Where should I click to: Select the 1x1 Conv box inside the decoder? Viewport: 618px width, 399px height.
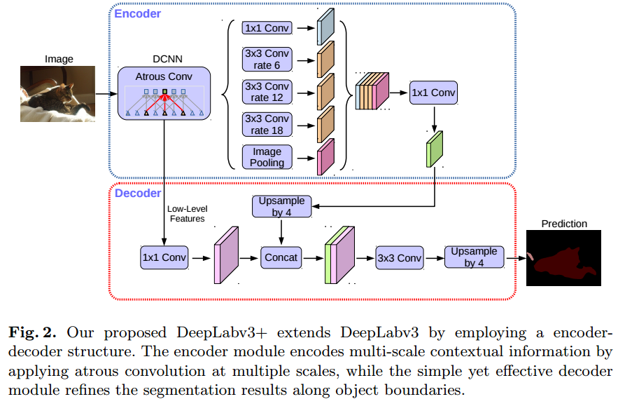[x=164, y=257]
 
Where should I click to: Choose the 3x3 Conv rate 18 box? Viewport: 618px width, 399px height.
[x=267, y=124]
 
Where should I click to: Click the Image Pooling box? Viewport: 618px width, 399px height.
[x=267, y=157]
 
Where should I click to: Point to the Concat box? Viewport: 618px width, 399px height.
[x=281, y=257]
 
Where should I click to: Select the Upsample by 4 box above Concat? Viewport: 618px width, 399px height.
[x=281, y=206]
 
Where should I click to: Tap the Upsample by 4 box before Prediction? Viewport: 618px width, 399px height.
[x=474, y=257]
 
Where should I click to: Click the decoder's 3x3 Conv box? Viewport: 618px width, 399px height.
[x=399, y=257]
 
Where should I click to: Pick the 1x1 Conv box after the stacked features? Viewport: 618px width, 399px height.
[x=433, y=93]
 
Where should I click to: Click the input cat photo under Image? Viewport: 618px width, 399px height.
[x=57, y=93]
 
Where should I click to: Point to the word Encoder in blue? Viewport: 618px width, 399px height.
[x=138, y=13]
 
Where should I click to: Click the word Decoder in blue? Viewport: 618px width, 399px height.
[x=138, y=192]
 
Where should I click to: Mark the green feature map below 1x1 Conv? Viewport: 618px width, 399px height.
[x=435, y=149]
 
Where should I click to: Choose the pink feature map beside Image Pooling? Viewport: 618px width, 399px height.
[x=325, y=157]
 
